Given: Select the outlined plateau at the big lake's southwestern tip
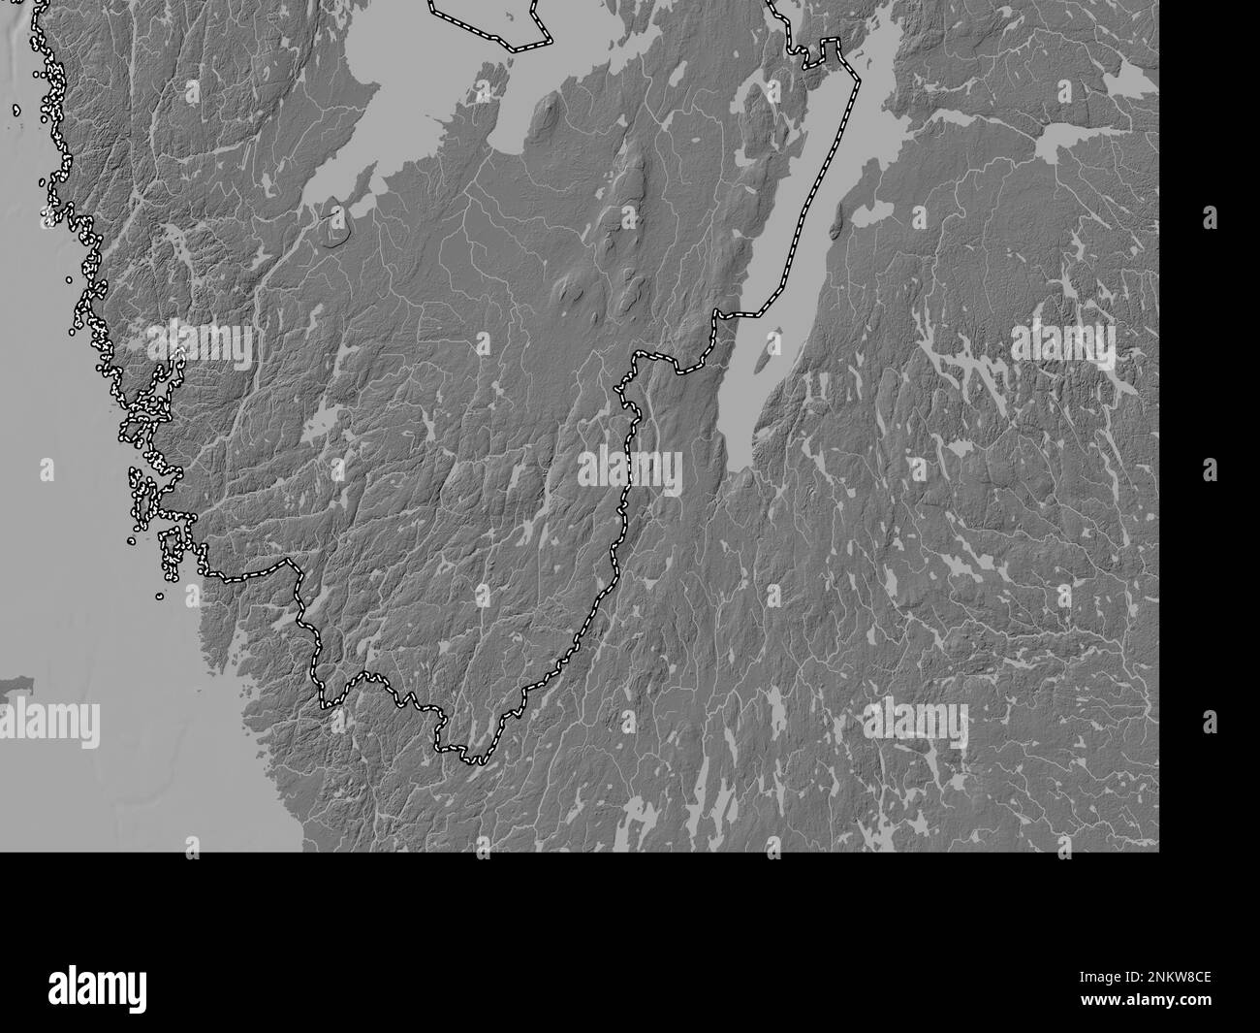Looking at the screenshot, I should pos(335,223).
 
